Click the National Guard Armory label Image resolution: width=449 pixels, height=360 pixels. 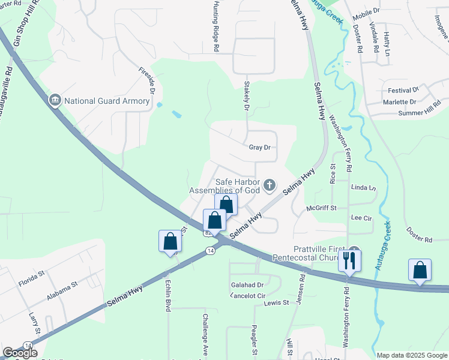107,101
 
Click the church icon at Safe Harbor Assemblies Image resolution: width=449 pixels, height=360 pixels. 270,185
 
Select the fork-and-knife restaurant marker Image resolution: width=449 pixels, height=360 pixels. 349,261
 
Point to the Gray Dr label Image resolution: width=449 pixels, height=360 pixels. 260,147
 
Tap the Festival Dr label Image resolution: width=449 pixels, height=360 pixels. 402,91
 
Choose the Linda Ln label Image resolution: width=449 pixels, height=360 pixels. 363,187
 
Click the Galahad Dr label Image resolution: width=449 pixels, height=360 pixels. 247,285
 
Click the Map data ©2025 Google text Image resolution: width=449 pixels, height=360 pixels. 411,355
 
